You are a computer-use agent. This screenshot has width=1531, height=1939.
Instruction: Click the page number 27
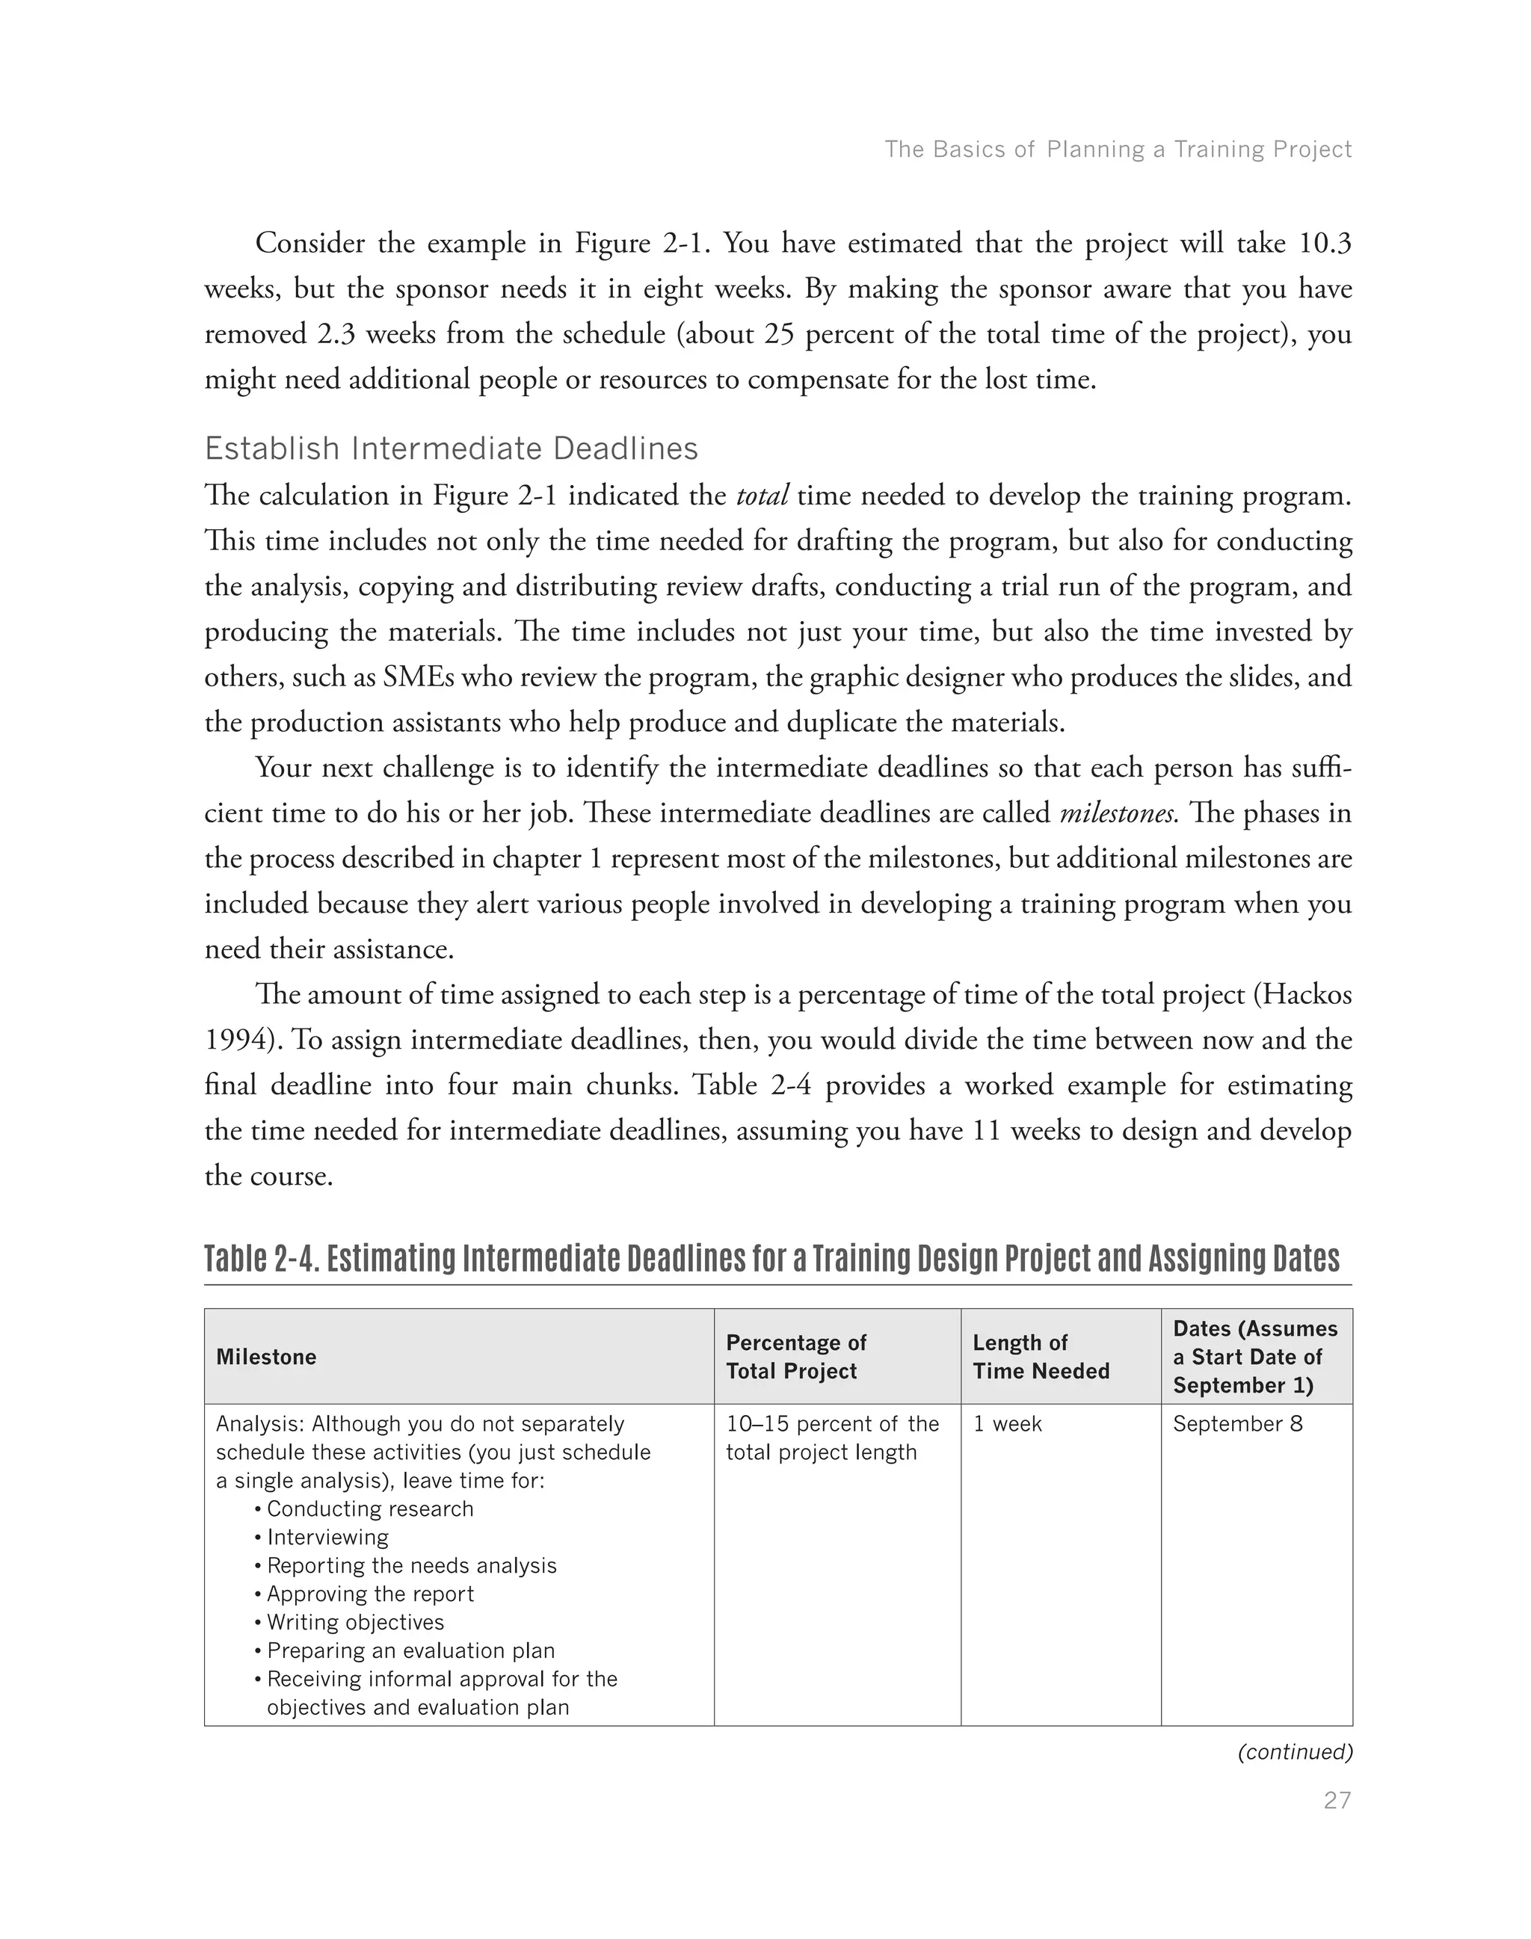pyautogui.click(x=1337, y=1800)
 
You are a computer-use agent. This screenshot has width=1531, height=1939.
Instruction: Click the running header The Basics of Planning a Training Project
pyautogui.click(x=1118, y=149)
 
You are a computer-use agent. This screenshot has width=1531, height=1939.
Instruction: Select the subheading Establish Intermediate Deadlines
pyautogui.click(x=451, y=448)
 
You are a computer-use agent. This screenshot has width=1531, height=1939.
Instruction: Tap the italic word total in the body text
pyautogui.click(x=761, y=496)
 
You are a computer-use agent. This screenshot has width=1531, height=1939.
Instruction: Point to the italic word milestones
pyautogui.click(x=1118, y=813)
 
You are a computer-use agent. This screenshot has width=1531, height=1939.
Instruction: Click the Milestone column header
pyautogui.click(x=266, y=1356)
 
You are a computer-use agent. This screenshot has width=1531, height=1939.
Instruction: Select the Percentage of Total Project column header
pyautogui.click(x=795, y=1356)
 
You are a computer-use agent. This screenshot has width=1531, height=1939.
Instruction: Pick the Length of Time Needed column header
pyautogui.click(x=1041, y=1356)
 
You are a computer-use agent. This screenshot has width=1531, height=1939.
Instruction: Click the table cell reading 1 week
pyautogui.click(x=1007, y=1423)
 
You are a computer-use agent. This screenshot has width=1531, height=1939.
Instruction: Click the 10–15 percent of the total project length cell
pyautogui.click(x=832, y=1438)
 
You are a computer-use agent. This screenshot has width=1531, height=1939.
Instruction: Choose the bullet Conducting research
pyautogui.click(x=369, y=1508)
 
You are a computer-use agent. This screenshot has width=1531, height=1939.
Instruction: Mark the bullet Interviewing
pyautogui.click(x=327, y=1537)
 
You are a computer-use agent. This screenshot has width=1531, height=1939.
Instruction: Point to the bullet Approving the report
pyautogui.click(x=369, y=1594)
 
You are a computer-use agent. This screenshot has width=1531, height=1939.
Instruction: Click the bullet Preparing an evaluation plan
pyautogui.click(x=410, y=1650)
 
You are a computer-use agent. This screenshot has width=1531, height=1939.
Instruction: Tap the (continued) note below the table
pyautogui.click(x=1294, y=1751)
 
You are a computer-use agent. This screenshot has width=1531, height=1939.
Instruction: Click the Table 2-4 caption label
pyautogui.click(x=259, y=1259)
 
